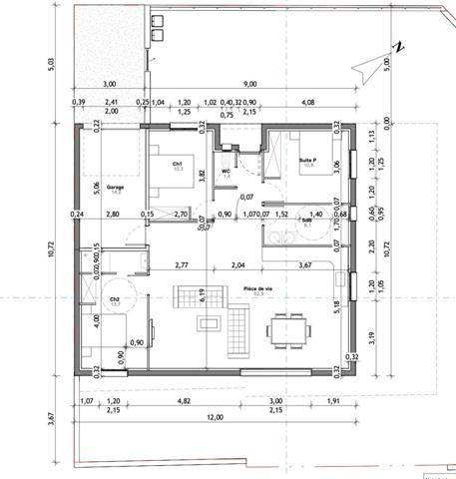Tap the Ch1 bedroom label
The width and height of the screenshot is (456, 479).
pyautogui.click(x=177, y=164)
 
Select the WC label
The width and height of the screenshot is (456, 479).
pyautogui.click(x=227, y=172)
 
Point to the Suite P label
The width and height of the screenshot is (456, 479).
pyautogui.click(x=305, y=158)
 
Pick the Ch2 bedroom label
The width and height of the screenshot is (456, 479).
pyautogui.click(x=116, y=298)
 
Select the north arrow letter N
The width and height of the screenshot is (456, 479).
pyautogui.click(x=397, y=47)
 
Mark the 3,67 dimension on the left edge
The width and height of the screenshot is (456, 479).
pyautogui.click(x=53, y=424)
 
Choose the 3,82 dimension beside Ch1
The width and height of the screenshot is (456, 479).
pyautogui.click(x=202, y=173)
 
